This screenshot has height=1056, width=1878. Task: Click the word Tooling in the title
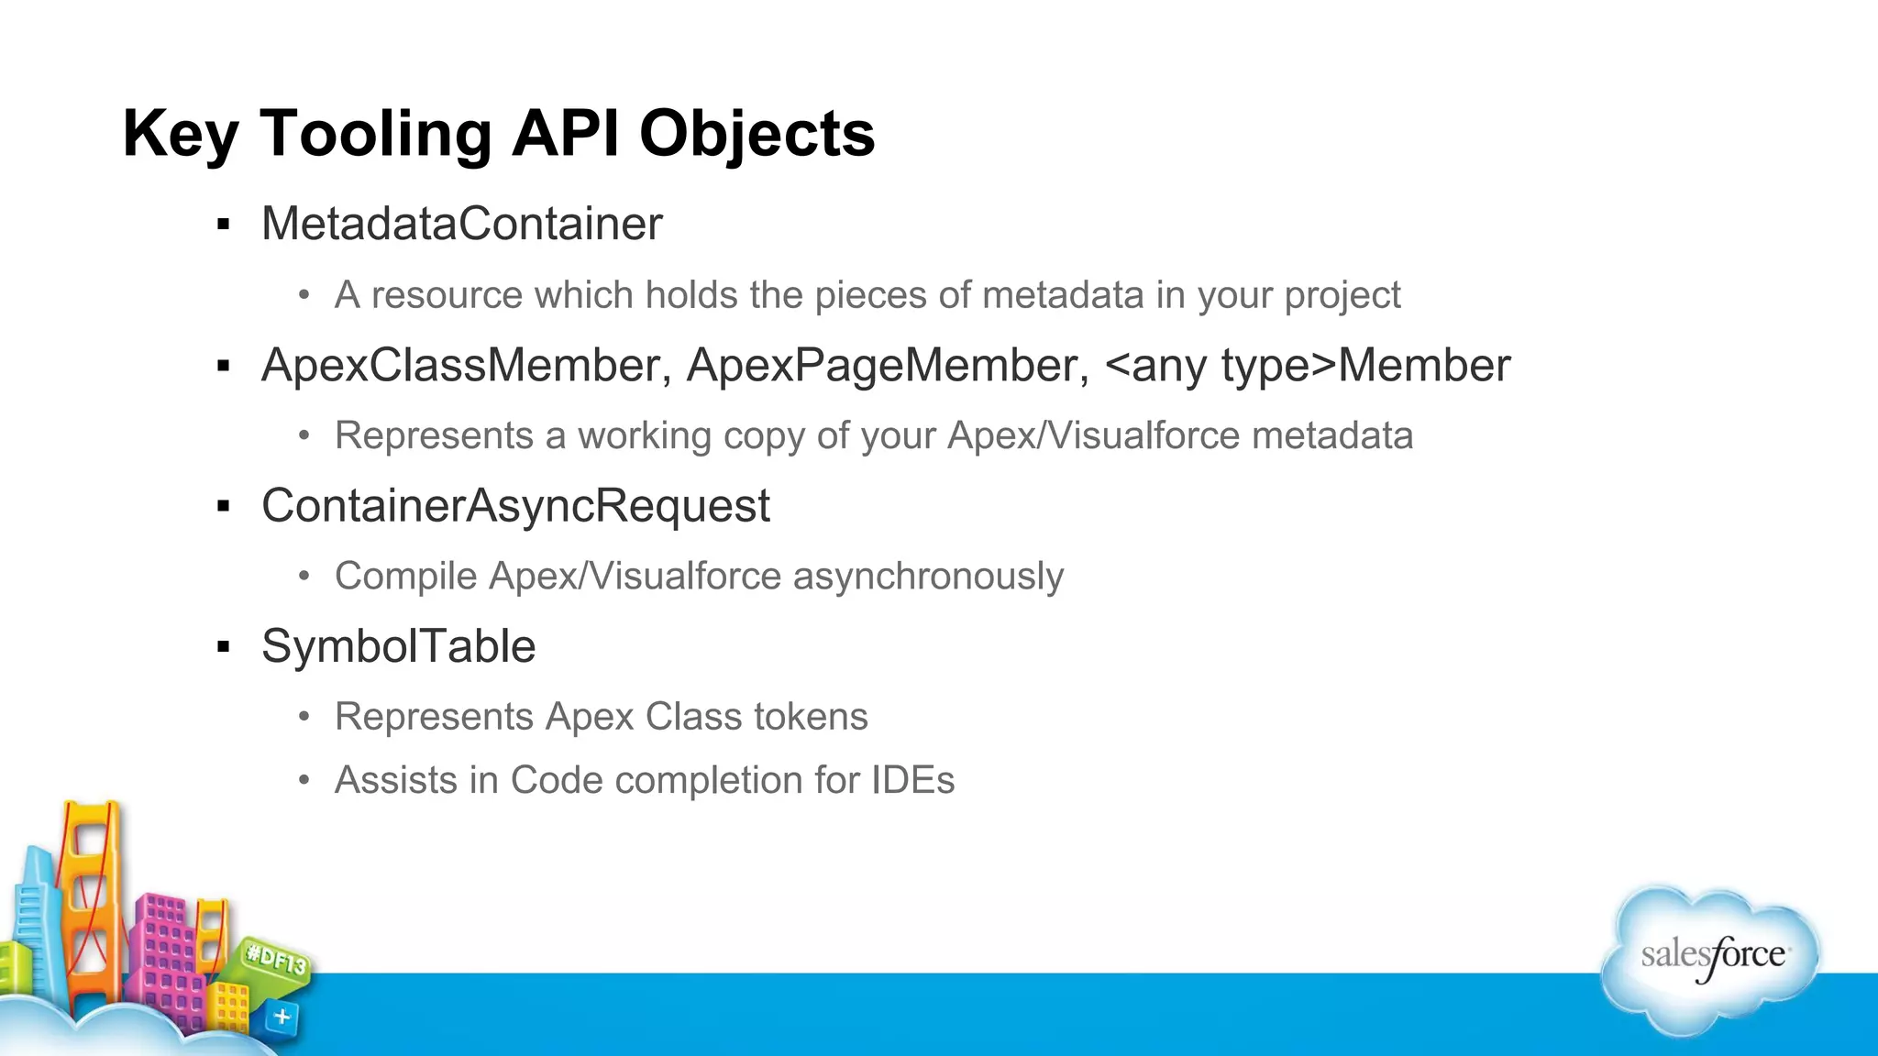tap(376, 134)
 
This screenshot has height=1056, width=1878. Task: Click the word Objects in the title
tap(757, 134)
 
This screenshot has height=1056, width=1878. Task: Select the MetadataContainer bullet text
tap(461, 224)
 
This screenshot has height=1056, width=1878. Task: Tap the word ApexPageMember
tap(887, 365)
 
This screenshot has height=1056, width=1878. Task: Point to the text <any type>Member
tap(1308, 365)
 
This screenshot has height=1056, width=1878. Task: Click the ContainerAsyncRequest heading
tap(515, 505)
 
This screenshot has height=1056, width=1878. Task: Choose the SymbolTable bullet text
tap(398, 646)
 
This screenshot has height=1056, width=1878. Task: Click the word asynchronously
tap(928, 576)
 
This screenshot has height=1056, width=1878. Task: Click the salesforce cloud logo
tap(1711, 957)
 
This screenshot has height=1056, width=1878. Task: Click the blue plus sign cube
tap(282, 1017)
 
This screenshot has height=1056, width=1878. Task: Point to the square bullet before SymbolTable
tap(223, 647)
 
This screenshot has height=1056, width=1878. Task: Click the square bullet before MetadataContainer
tap(223, 225)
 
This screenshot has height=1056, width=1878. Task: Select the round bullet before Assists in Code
tap(304, 781)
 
